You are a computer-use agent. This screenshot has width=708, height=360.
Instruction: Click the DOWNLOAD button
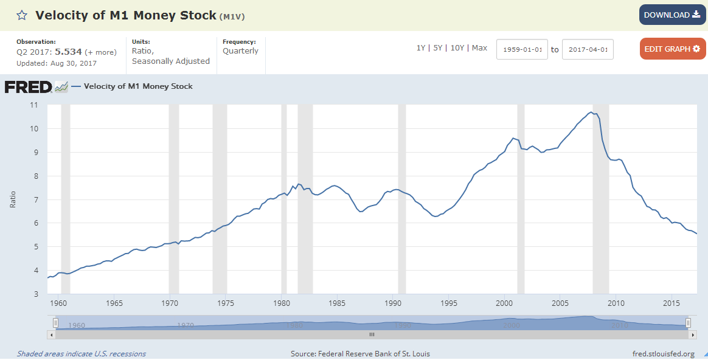click(672, 15)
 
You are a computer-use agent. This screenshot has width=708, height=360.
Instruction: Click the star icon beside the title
click(22, 15)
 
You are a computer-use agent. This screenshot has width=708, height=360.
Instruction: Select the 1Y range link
click(421, 48)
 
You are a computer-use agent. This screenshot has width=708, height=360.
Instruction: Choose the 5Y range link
click(438, 48)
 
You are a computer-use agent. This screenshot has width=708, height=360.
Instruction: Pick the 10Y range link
click(457, 48)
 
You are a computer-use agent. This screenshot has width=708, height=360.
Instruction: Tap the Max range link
click(479, 48)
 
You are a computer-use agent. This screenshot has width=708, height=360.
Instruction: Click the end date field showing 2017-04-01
click(588, 49)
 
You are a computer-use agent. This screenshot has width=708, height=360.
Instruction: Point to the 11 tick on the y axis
click(34, 105)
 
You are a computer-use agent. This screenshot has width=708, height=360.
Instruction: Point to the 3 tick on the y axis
click(35, 294)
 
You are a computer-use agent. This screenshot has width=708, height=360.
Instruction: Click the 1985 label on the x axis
click(337, 303)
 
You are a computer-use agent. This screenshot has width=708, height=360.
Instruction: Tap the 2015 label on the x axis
click(672, 303)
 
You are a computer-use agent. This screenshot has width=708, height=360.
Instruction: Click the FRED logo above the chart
click(29, 87)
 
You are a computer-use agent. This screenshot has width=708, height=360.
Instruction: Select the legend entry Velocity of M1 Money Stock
click(138, 86)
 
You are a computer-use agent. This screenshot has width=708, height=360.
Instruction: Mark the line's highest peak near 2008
click(591, 112)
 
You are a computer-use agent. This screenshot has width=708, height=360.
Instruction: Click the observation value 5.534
click(68, 52)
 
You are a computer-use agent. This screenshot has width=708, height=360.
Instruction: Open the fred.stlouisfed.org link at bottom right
click(664, 354)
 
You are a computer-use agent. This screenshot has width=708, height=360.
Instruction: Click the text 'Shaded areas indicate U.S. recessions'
click(82, 354)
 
